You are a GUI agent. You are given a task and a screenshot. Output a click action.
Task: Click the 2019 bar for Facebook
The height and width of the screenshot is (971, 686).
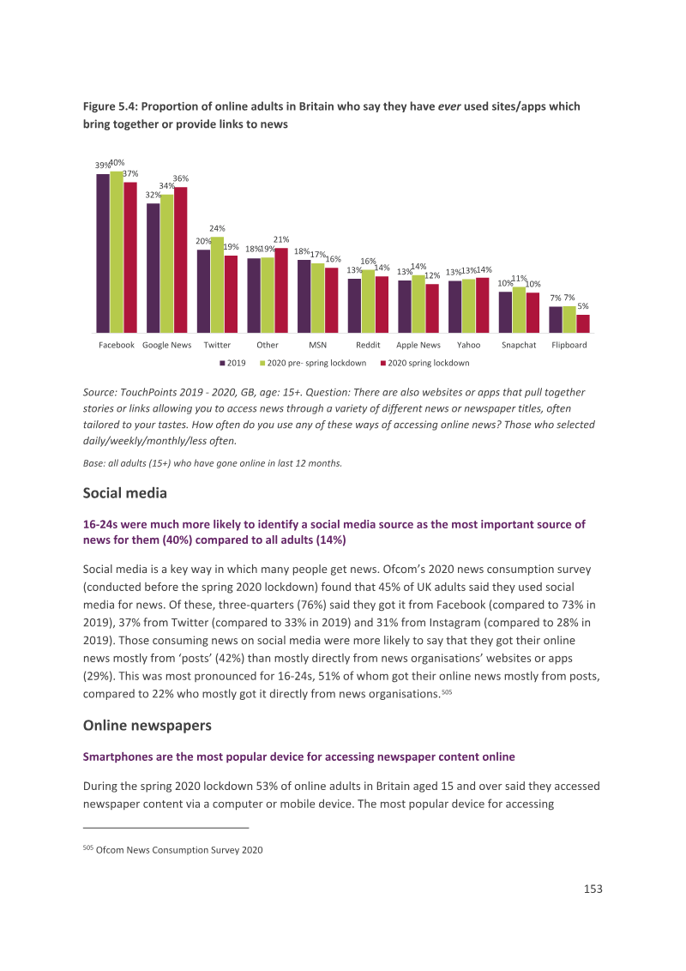click(x=103, y=253)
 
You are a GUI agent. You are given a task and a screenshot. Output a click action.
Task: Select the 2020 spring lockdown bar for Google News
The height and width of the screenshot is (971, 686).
click(x=181, y=260)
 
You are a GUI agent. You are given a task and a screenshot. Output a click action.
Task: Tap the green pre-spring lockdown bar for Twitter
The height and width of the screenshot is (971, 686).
click(x=217, y=285)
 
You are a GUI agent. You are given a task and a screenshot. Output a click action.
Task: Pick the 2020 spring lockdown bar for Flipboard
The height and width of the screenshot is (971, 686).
click(x=582, y=324)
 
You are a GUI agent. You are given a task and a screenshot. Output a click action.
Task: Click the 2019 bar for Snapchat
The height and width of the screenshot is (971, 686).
click(x=506, y=313)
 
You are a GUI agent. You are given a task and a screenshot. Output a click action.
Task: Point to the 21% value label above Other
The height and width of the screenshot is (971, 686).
click(x=281, y=239)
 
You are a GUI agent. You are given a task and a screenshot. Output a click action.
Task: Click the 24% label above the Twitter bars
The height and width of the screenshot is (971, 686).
click(x=217, y=228)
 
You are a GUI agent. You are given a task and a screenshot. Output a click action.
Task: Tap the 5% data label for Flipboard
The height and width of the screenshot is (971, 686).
click(x=583, y=306)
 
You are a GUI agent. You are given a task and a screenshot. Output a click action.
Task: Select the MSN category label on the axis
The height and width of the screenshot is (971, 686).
click(x=317, y=345)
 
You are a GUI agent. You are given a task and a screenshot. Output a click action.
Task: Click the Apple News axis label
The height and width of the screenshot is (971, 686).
click(x=418, y=345)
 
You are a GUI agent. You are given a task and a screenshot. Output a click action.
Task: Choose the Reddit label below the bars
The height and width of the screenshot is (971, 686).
click(x=368, y=345)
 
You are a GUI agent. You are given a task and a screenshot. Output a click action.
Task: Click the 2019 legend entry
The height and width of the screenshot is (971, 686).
click(x=232, y=363)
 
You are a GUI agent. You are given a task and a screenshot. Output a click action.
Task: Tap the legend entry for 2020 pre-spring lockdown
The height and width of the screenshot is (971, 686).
click(x=313, y=363)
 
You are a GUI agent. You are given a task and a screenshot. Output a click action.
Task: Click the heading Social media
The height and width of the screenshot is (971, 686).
click(x=125, y=493)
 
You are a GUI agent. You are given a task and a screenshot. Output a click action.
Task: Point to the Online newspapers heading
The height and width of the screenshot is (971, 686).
click(x=147, y=726)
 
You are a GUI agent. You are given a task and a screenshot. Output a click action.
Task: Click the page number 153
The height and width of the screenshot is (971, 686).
click(x=593, y=889)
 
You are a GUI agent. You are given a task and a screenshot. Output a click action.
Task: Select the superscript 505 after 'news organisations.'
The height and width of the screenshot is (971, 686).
click(x=447, y=691)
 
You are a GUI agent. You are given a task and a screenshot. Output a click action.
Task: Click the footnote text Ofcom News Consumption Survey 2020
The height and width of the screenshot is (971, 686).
click(x=179, y=850)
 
